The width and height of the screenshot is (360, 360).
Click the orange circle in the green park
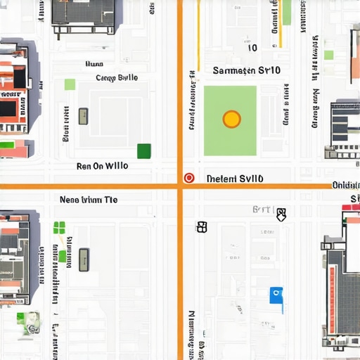(231, 119)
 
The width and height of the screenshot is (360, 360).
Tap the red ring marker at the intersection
(188, 178)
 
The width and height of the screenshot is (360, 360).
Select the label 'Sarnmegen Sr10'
(246, 70)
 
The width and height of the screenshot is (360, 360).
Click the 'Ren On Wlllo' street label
(102, 167)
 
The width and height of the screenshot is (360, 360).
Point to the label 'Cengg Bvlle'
(117, 78)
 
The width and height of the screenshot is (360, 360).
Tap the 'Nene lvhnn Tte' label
(89, 200)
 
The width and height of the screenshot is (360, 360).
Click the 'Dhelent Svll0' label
(235, 179)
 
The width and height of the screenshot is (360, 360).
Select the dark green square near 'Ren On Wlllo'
(143, 150)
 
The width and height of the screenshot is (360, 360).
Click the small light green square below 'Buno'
(70, 84)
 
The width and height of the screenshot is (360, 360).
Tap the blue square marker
(276, 295)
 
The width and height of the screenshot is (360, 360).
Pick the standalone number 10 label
(252, 48)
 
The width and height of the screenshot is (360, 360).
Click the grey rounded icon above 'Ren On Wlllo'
(83, 116)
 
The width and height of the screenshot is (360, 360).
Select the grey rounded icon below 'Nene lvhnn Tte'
(84, 259)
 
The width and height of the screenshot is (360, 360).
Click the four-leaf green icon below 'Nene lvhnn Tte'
(59, 227)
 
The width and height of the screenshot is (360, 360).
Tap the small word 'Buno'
(94, 64)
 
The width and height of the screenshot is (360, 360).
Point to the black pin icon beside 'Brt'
(281, 214)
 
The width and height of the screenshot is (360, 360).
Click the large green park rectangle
(230, 121)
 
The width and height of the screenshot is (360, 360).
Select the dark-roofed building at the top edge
(83, 14)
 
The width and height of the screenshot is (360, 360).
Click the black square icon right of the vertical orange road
(202, 226)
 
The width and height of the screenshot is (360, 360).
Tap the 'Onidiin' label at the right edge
(345, 185)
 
